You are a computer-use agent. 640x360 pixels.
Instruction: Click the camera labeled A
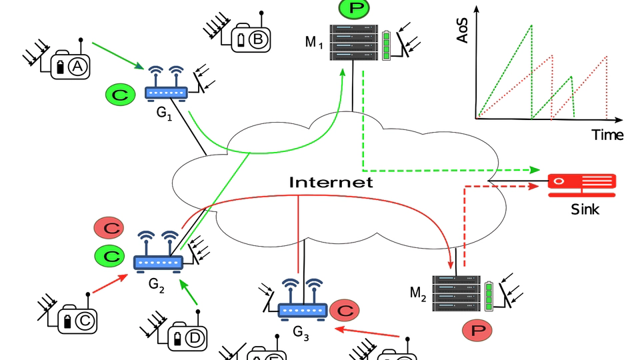click(x=69, y=65)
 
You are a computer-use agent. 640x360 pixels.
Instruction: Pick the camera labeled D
click(x=187, y=337)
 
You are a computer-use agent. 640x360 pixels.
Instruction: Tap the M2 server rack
click(x=457, y=293)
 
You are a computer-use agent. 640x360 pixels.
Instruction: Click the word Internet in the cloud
click(x=331, y=182)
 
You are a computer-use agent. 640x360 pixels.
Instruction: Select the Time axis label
click(x=607, y=135)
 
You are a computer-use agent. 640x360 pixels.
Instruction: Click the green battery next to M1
click(x=388, y=45)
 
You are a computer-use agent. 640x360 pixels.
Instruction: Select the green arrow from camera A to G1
click(x=117, y=55)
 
